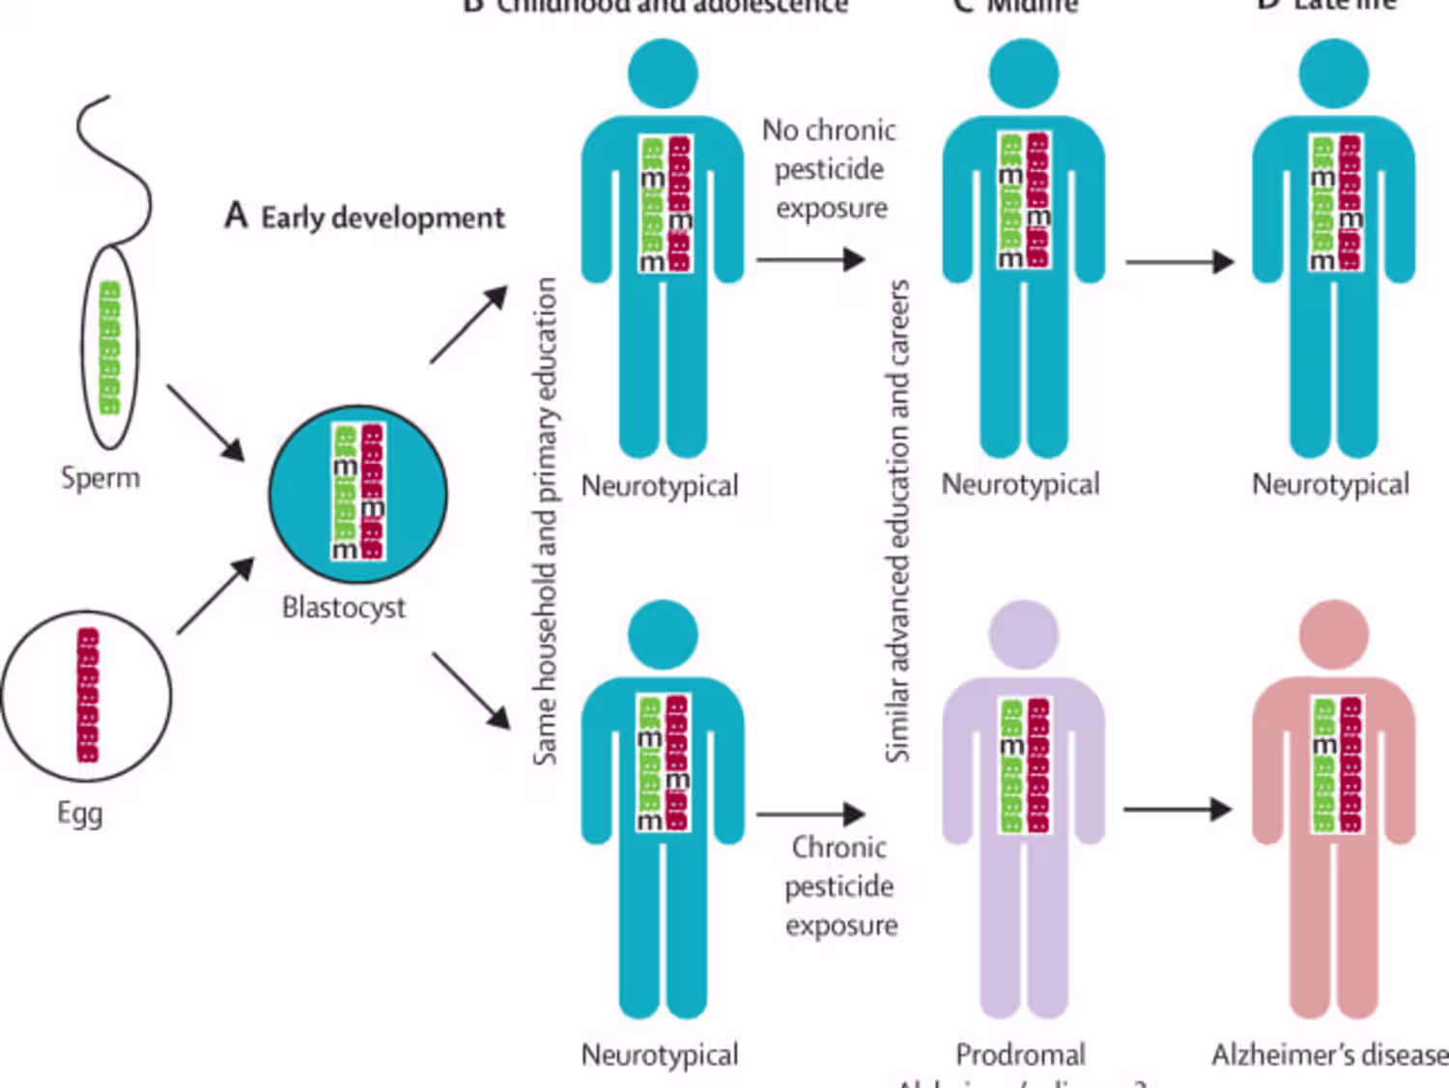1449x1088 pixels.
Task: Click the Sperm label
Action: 100,477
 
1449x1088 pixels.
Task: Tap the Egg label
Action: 79,813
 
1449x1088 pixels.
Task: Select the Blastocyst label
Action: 343,608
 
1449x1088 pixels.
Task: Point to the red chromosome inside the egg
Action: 88,695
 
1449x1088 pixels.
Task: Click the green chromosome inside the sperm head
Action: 109,347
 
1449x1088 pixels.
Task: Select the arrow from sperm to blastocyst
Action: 205,422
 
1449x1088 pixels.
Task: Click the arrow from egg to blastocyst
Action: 215,595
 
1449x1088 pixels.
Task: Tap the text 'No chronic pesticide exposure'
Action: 830,169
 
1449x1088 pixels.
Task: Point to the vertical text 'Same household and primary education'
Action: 546,521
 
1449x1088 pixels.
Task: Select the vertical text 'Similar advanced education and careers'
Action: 898,521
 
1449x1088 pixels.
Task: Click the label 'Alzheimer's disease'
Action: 1330,1054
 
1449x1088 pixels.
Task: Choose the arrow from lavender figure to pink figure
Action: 1178,809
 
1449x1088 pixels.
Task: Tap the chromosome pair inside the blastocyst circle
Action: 358,492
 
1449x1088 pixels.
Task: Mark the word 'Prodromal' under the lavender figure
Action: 1020,1054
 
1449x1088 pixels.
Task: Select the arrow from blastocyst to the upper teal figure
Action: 469,324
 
